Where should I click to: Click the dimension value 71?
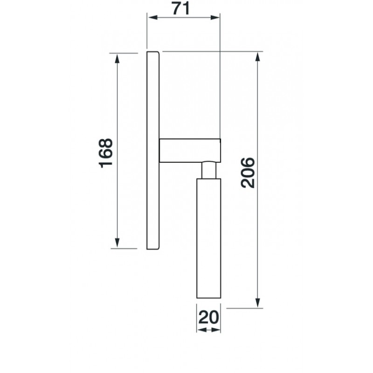[181, 8]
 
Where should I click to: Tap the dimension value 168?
[106, 153]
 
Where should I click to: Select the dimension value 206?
[248, 173]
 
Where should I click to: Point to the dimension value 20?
[208, 318]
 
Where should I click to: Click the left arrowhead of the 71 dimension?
[152, 17]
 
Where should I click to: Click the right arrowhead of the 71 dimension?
[215, 17]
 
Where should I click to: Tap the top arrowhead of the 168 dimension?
[117, 59]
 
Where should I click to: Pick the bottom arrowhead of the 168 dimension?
[117, 243]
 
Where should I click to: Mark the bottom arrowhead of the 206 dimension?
[257, 303]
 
